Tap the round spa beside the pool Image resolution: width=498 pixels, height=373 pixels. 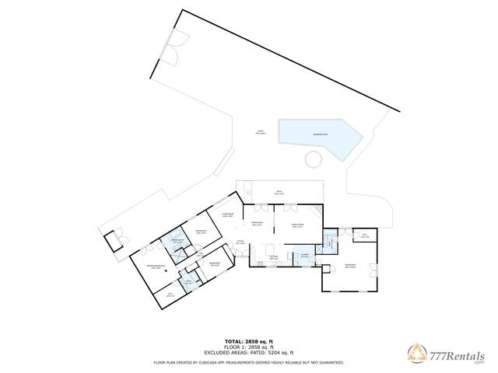click(314, 159)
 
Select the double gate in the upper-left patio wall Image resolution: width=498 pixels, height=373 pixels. click(174, 48)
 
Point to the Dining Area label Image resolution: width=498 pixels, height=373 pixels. click(257, 225)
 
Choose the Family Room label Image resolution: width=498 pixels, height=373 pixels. click(296, 225)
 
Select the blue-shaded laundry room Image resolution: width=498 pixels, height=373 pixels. click(303, 256)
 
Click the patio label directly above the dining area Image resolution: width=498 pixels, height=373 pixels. click(279, 192)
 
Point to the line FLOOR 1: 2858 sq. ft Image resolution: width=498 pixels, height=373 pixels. click(248, 347)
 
